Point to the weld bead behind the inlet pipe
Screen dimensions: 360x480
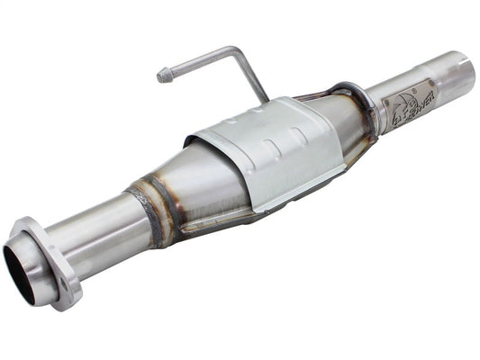point(145,211)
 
